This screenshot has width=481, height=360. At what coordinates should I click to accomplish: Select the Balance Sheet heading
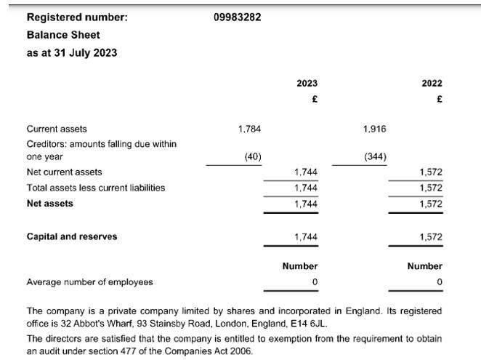pyautogui.click(x=63, y=35)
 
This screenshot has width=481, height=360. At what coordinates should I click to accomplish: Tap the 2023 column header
pyautogui.click(x=307, y=84)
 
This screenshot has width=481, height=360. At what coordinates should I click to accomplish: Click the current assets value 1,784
pyautogui.click(x=249, y=129)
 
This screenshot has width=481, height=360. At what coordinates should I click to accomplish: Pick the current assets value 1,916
pyautogui.click(x=374, y=129)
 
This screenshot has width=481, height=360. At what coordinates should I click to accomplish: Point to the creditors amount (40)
pyautogui.click(x=252, y=156)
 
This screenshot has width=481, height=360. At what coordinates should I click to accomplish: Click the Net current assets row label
pyautogui.click(x=64, y=172)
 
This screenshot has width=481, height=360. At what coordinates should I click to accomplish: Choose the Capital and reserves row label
pyautogui.click(x=71, y=236)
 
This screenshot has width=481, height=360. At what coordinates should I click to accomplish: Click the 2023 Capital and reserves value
pyautogui.click(x=306, y=237)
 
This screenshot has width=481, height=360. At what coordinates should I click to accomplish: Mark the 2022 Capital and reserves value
pyautogui.click(x=431, y=237)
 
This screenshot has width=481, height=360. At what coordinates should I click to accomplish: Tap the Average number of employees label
pyautogui.click(x=89, y=281)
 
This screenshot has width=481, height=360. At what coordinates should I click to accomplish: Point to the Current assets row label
pyautogui.click(x=57, y=129)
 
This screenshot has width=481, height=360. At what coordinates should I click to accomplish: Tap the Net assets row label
pyautogui.click(x=49, y=204)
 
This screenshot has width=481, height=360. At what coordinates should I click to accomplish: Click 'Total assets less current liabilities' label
pyautogui.click(x=95, y=188)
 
